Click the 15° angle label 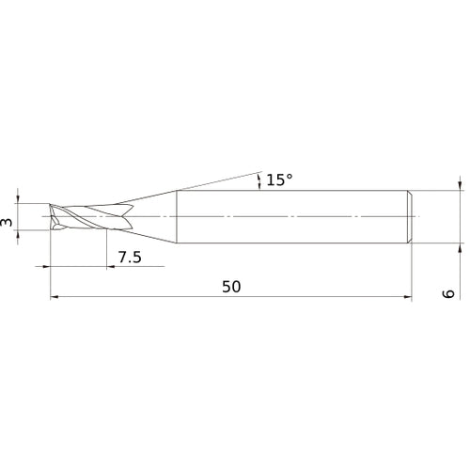click(279, 179)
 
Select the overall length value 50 click(231, 287)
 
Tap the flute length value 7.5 click(130, 258)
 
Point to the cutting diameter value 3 click(8, 222)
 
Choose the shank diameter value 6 click(449, 294)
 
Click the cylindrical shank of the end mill click(291, 218)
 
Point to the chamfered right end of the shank click(409, 218)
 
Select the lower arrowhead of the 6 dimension click(460, 251)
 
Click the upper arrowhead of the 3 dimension click(17, 198)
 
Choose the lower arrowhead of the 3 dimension click(17, 236)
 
